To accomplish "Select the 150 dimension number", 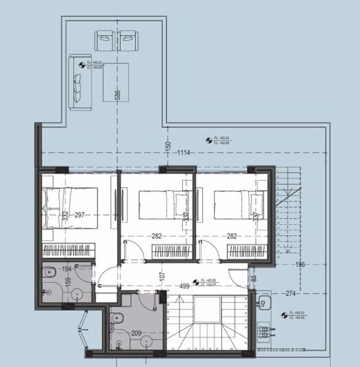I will [168, 146].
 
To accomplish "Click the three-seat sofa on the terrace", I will [76, 81].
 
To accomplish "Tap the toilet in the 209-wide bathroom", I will [117, 320].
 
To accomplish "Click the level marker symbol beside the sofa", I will [83, 66].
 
